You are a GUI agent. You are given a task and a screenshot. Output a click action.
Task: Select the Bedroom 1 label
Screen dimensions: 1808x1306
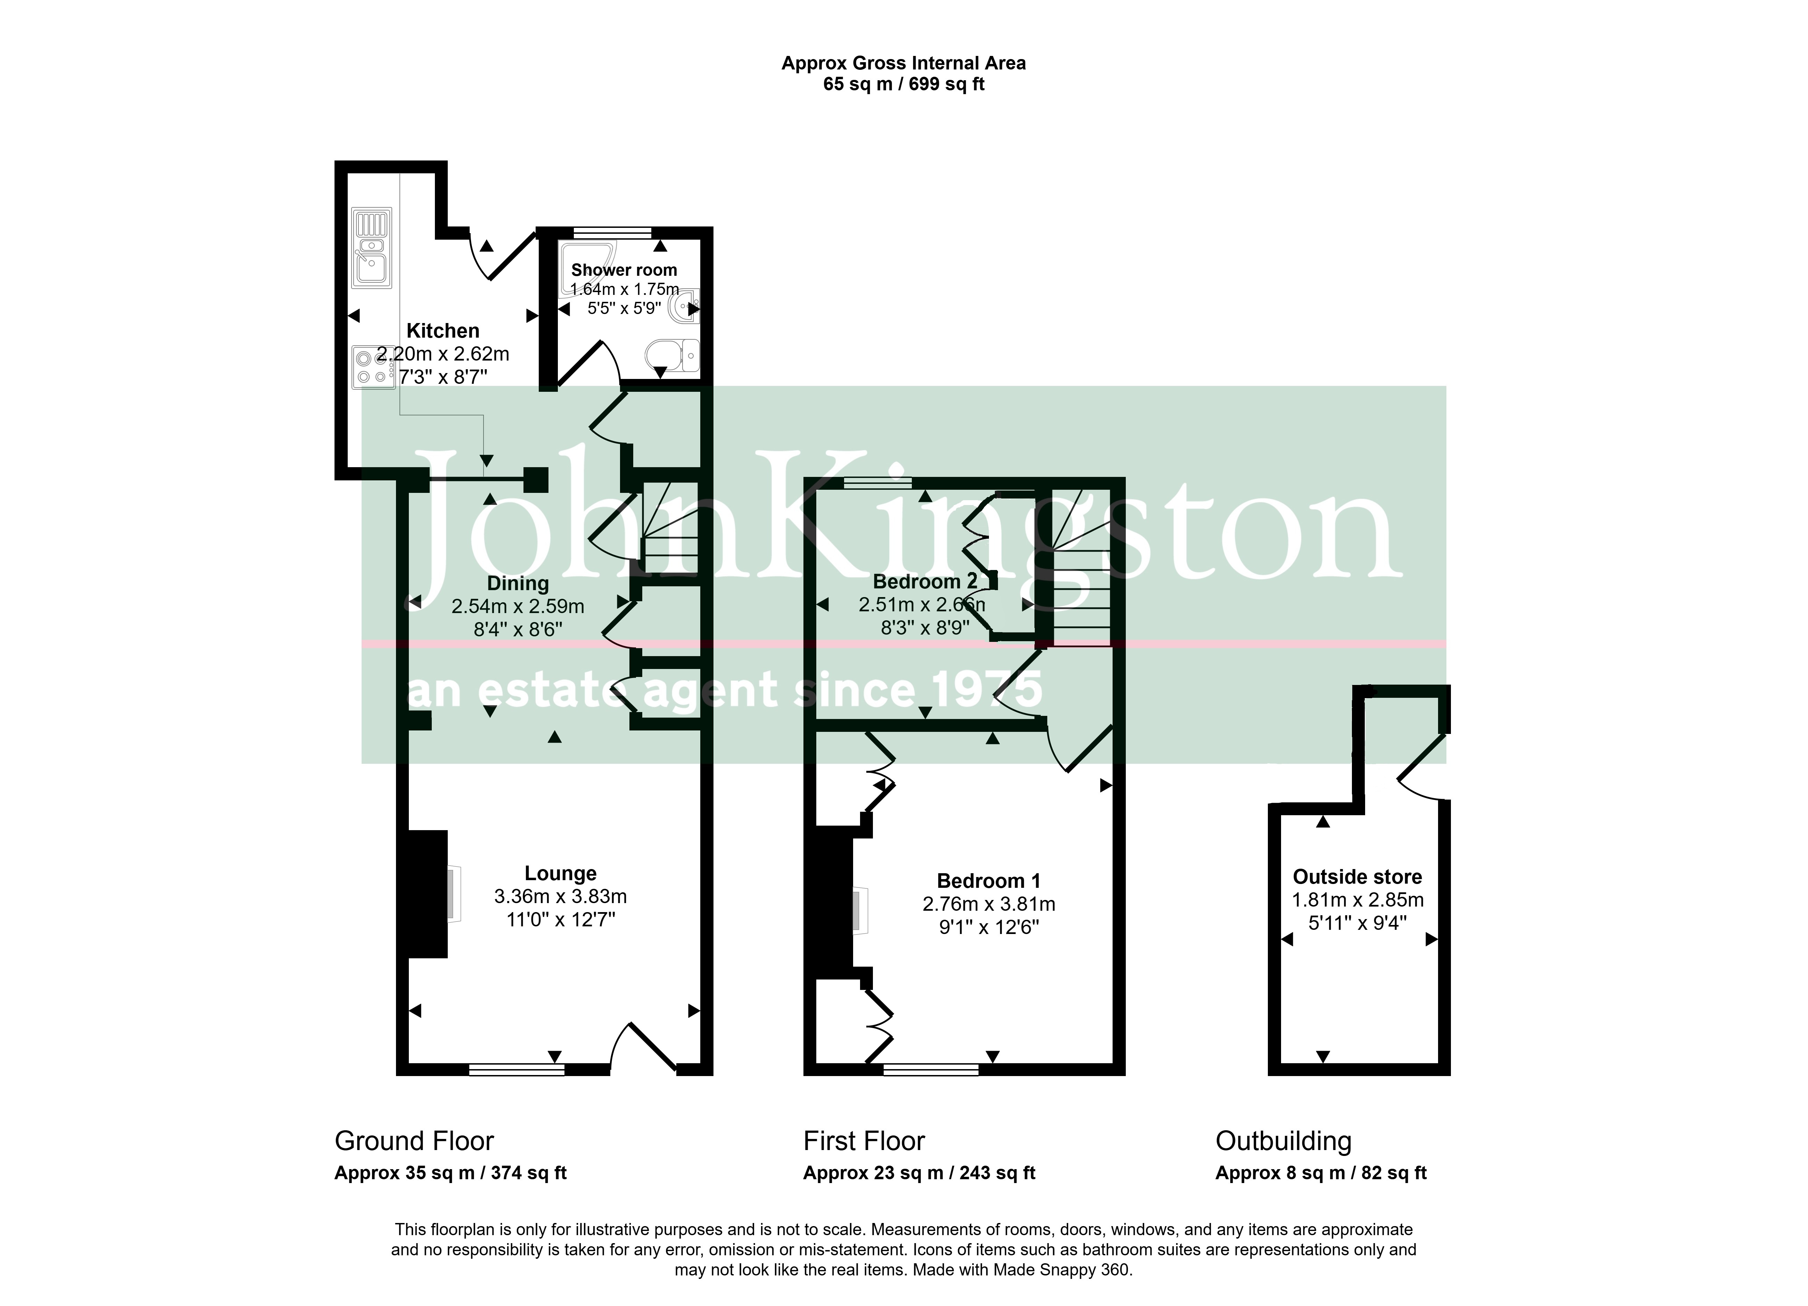[x=989, y=881]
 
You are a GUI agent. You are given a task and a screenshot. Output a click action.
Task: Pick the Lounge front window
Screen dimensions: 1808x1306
[x=517, y=1069]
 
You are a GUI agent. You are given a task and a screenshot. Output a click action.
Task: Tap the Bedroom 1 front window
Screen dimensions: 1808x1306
[x=931, y=1069]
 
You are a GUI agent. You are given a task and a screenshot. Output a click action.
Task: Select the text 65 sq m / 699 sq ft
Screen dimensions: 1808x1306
[x=904, y=84]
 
